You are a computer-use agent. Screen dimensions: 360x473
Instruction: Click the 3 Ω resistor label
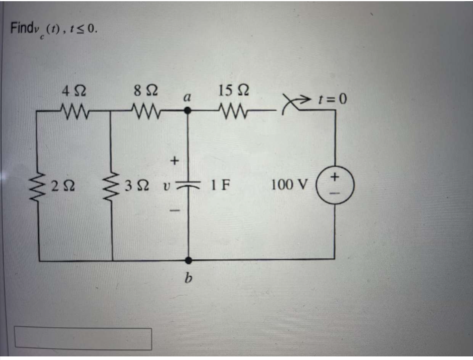pyautogui.click(x=134, y=185)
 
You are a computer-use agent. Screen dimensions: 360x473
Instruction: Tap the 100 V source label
pyautogui.click(x=289, y=185)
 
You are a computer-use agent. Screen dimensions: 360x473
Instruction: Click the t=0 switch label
pyautogui.click(x=333, y=98)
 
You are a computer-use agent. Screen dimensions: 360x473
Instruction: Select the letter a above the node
pyautogui.click(x=189, y=97)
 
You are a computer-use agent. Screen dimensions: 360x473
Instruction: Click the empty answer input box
pyautogui.click(x=83, y=339)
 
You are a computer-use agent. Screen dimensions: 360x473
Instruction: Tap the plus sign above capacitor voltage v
pyautogui.click(x=173, y=161)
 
